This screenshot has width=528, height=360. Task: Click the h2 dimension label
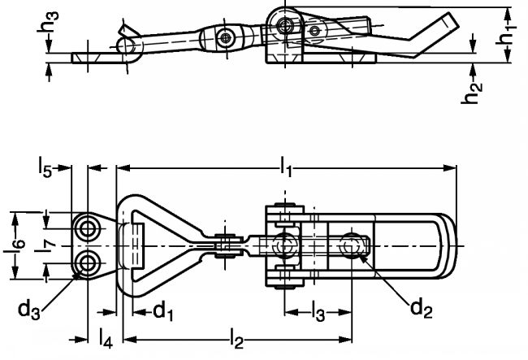pyautogui.click(x=471, y=93)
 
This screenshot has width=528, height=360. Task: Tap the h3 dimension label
pyautogui.click(x=48, y=22)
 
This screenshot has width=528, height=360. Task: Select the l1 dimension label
pyautogui.click(x=286, y=167)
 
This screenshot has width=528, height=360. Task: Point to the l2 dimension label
pyautogui.click(x=236, y=339)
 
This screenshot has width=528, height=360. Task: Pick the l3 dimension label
pyautogui.click(x=318, y=312)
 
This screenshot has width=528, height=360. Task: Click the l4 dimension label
pyautogui.click(x=106, y=338)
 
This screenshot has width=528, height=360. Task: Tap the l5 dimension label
pyautogui.click(x=45, y=167)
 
